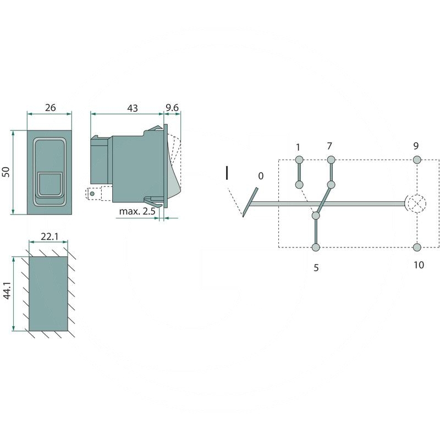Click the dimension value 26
pyautogui.click(x=50, y=108)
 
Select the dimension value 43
pyautogui.click(x=132, y=108)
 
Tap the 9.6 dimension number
pyautogui.click(x=172, y=108)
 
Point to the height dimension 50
pyautogui.click(x=7, y=172)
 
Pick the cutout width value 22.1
pyautogui.click(x=50, y=237)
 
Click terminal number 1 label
pyautogui.click(x=298, y=147)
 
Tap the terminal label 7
pyautogui.click(x=329, y=146)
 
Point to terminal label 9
pyautogui.click(x=416, y=146)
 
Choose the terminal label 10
pyautogui.click(x=418, y=265)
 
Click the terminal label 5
pyautogui.click(x=316, y=268)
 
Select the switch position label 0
pyautogui.click(x=261, y=176)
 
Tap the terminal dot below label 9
pyautogui.click(x=417, y=160)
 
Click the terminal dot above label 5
pyautogui.click(x=316, y=248)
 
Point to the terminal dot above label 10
pyautogui.click(x=417, y=247)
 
